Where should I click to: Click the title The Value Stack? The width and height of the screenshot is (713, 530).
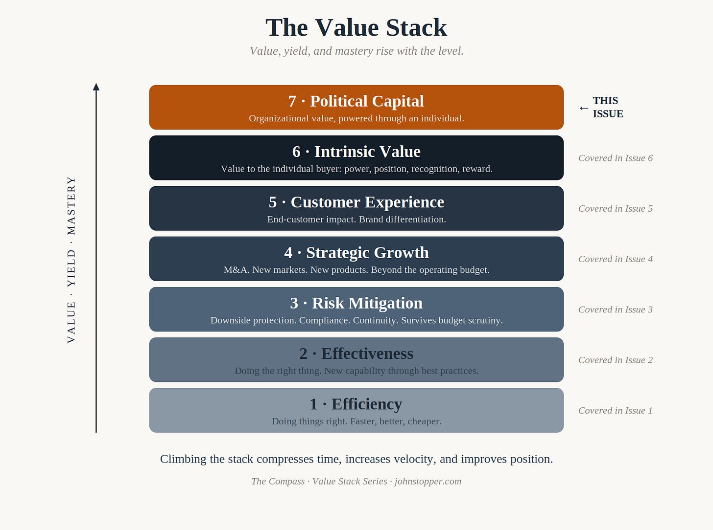[x=356, y=27]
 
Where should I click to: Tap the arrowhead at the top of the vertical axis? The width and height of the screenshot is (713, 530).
[x=96, y=87]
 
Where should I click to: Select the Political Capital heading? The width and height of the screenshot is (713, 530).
[x=356, y=101]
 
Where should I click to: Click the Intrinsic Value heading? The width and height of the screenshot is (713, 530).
[x=356, y=152]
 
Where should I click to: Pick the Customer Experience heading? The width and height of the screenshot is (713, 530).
[x=356, y=202]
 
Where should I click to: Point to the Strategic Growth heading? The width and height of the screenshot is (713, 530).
[x=356, y=253]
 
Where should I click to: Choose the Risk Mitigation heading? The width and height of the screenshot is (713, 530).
[x=356, y=303]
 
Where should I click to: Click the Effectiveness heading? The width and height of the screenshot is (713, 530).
[x=356, y=353]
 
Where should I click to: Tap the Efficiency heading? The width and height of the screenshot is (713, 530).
[x=356, y=404]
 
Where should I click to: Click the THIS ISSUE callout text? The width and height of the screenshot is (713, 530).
[x=608, y=107]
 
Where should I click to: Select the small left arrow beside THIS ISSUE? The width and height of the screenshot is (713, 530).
[x=584, y=108]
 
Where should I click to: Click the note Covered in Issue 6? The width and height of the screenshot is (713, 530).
[x=616, y=158]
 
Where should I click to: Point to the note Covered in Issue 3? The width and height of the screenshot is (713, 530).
[x=616, y=309]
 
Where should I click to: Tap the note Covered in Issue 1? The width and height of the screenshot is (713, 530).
[x=616, y=411]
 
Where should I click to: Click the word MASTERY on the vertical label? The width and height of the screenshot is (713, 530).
[x=71, y=205]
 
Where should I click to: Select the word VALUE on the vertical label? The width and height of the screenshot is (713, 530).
[x=71, y=323]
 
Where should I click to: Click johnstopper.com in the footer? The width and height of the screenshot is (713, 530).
[x=428, y=481]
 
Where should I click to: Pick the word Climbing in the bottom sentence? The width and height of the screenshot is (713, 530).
[x=183, y=460]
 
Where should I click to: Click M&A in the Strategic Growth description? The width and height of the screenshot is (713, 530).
[x=237, y=270]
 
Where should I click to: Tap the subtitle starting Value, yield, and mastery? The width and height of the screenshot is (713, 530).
[x=356, y=51]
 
